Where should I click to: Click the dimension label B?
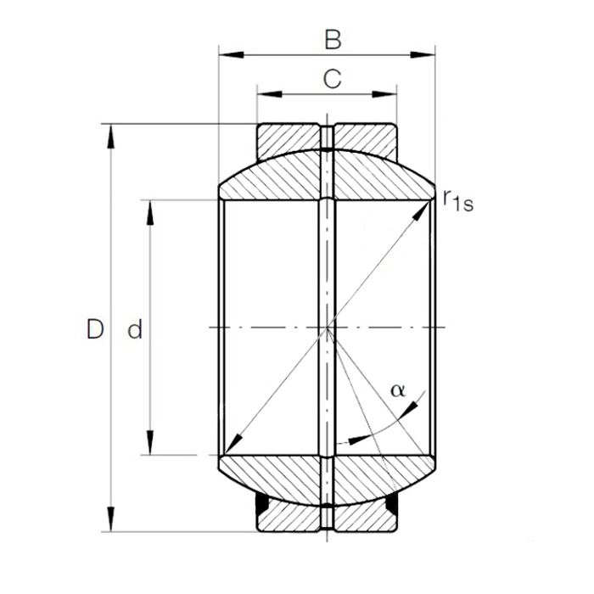point(333,39)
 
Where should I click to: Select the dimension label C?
point(333,79)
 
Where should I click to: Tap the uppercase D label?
point(95,329)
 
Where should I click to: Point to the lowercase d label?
point(134,330)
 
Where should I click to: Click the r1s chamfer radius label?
point(457,199)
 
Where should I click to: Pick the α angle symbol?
point(397,390)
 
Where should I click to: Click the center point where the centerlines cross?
point(328,328)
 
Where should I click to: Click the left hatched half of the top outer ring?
point(289,137)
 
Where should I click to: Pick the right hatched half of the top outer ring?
point(366,137)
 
